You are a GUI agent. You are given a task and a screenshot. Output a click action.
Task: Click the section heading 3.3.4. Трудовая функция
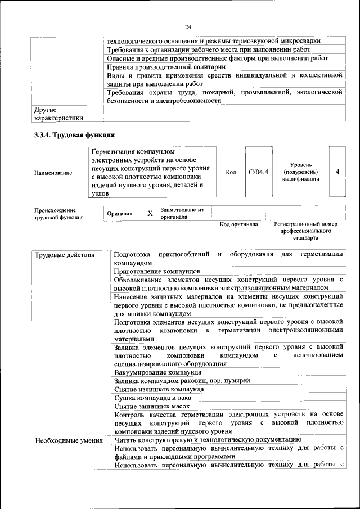(x=74, y=135)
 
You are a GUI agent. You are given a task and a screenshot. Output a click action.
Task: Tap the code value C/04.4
(x=259, y=172)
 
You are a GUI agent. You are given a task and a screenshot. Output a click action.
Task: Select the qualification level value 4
(x=337, y=172)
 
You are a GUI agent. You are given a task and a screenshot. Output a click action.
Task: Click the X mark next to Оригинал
(x=150, y=214)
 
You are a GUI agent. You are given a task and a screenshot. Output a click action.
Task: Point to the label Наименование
(x=53, y=173)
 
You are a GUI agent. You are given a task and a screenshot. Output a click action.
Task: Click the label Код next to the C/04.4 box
(x=230, y=172)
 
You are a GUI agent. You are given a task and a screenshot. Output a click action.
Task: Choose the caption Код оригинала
(x=238, y=224)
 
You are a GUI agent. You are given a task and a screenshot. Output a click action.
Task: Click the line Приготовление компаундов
(x=157, y=271)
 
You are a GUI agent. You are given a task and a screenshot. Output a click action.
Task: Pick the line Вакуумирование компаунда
(x=157, y=372)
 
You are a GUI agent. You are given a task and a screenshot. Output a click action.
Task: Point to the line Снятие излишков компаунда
(x=159, y=389)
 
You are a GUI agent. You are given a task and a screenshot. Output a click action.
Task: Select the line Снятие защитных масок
(x=151, y=406)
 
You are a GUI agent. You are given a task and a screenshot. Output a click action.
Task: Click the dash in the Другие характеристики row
(x=109, y=110)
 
